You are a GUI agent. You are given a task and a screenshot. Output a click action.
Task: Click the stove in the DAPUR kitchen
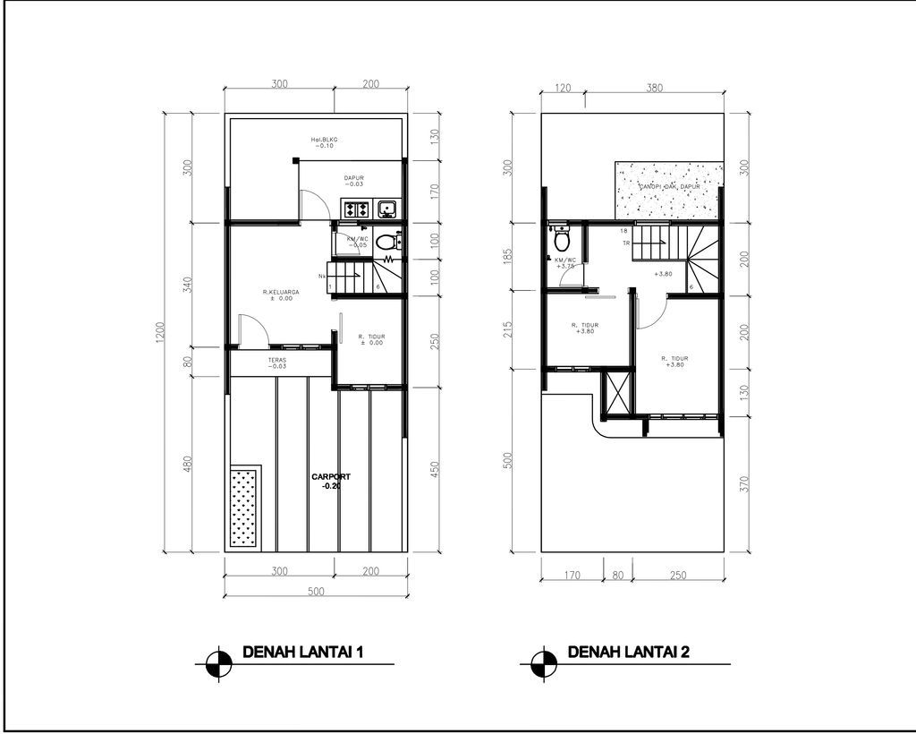pyautogui.click(x=357, y=210)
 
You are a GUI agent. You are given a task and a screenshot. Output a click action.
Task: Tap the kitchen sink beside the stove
pyautogui.click(x=387, y=210)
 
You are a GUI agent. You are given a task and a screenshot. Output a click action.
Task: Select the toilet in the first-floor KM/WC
pyautogui.click(x=386, y=241)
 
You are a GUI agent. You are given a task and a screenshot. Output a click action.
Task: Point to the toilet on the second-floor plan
pyautogui.click(x=562, y=240)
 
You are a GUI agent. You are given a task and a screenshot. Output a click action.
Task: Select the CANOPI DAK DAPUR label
pyautogui.click(x=668, y=187)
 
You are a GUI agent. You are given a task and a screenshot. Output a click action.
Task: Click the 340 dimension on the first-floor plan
pyautogui.click(x=187, y=284)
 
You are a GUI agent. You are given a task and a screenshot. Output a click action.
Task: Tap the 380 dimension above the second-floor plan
pyautogui.click(x=653, y=88)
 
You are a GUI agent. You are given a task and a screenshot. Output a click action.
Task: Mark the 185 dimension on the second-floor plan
pyautogui.click(x=507, y=258)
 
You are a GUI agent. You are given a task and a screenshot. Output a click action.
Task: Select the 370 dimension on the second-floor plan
pyautogui.click(x=745, y=484)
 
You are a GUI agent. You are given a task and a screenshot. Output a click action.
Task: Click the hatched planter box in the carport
pyautogui.click(x=243, y=507)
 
